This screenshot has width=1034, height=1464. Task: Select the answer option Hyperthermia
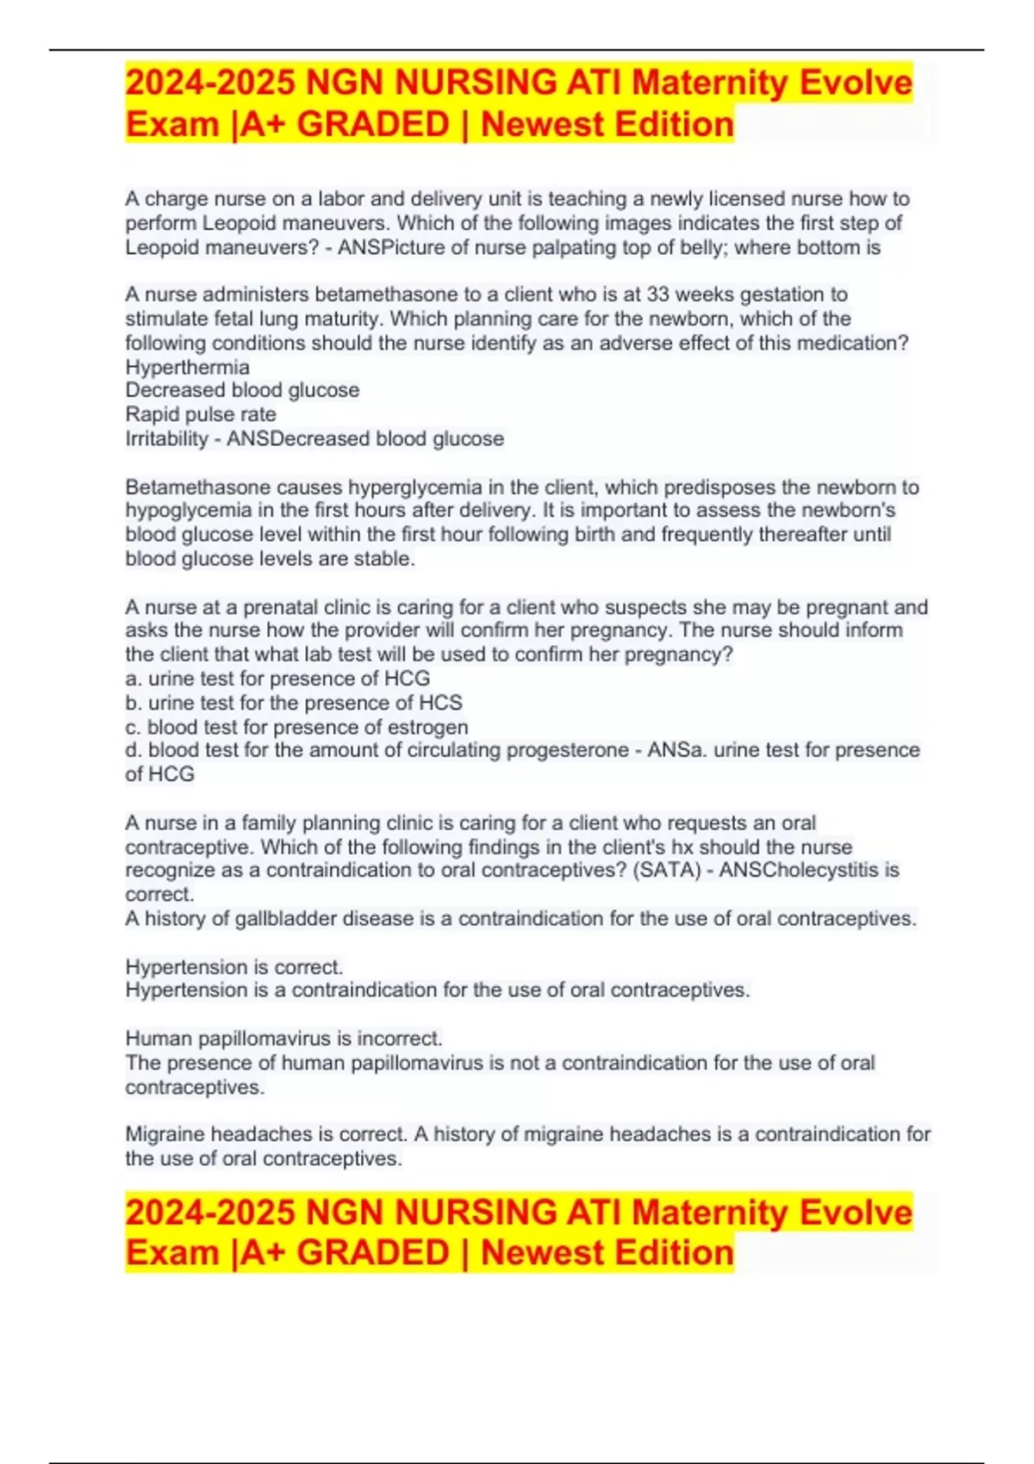[187, 367]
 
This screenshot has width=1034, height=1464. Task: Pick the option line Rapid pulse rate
[201, 414]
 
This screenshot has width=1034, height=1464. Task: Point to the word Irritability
[166, 438]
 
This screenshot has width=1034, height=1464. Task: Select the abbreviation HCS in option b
[440, 703]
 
